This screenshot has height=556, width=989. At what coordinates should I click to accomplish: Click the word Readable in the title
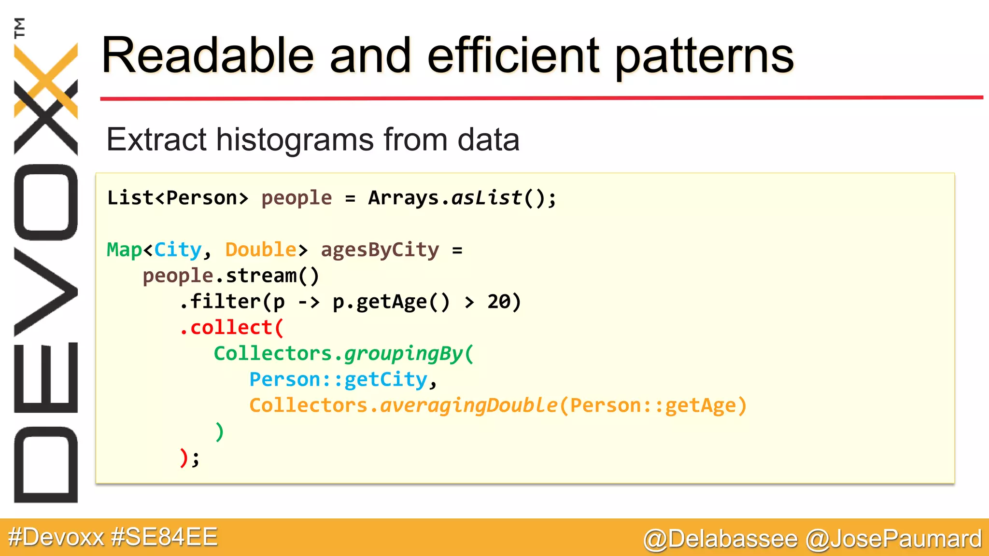point(208,56)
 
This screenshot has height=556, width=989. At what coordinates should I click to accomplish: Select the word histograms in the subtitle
point(295,140)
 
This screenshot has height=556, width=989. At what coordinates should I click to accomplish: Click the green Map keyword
point(124,250)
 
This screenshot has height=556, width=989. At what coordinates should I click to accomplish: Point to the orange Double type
point(260,250)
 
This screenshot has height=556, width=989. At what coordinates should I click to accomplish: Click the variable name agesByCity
point(380,250)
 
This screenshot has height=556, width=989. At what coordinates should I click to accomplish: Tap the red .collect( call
point(231,328)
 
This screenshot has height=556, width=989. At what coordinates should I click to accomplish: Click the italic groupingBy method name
point(404,354)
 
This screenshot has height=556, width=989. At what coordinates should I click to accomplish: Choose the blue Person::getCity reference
point(338,380)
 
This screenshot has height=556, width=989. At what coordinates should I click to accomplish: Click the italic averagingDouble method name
point(468,405)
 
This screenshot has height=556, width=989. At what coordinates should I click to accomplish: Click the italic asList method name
point(486,198)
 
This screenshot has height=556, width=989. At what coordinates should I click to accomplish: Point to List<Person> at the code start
point(177,198)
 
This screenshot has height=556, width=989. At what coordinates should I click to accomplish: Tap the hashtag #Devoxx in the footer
point(56,537)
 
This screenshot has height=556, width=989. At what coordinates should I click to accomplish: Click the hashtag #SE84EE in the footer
point(164,537)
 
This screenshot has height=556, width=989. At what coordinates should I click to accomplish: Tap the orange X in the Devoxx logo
point(46,80)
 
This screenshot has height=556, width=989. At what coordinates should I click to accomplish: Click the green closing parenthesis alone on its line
point(219,431)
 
